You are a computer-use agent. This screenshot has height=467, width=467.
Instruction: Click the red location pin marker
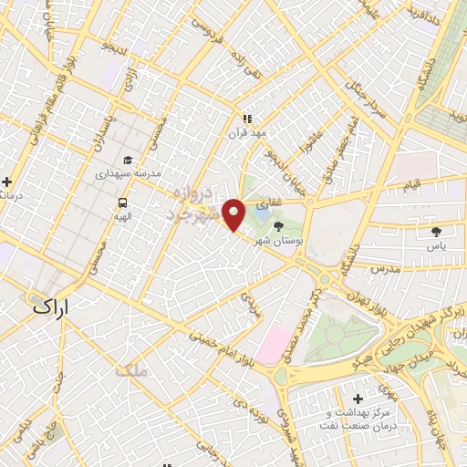tap(234, 213)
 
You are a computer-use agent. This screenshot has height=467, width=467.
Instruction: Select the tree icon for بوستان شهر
tap(279, 226)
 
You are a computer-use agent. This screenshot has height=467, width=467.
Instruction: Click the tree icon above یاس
tap(436, 230)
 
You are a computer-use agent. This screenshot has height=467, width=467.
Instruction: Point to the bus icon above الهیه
tap(121, 202)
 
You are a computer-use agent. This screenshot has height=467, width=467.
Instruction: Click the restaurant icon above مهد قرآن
tap(245, 118)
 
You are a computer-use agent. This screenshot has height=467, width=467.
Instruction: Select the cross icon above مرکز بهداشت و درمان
tap(358, 400)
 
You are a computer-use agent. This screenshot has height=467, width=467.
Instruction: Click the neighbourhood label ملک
tap(131, 369)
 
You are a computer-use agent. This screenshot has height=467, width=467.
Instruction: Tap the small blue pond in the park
tap(261, 220)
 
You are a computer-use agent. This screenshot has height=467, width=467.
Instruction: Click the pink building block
tap(273, 345)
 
